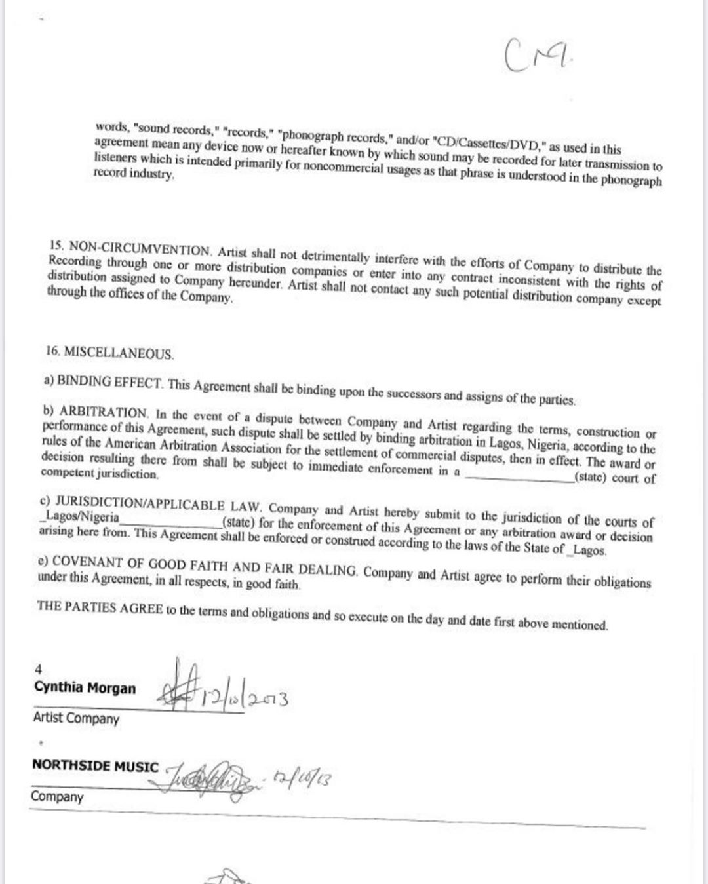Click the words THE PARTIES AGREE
100,606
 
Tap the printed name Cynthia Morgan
85,688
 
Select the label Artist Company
76,718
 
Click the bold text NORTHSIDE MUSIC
95,766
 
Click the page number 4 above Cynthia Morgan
38,669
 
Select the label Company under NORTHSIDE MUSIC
57,797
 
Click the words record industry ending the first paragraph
134,174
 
